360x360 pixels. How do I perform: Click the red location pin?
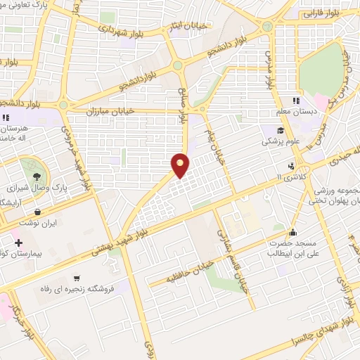181,165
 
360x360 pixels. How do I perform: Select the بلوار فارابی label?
321,13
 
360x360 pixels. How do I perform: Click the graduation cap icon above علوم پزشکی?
281,130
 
